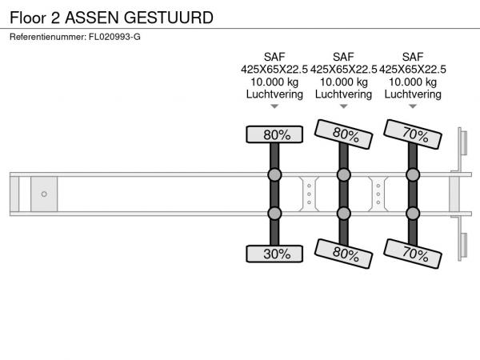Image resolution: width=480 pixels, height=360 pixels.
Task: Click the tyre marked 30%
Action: pyautogui.click(x=274, y=254)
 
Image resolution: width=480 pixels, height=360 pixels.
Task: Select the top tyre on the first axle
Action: pyautogui.click(x=274, y=134)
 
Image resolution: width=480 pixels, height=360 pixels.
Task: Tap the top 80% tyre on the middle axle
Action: pyautogui.click(x=343, y=134)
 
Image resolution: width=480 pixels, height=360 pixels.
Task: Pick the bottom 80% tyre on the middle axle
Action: pyautogui.click(x=343, y=254)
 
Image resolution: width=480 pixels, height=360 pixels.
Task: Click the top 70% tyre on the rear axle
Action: pyautogui.click(x=413, y=134)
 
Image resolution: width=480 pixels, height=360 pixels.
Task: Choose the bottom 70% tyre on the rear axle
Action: pyautogui.click(x=413, y=254)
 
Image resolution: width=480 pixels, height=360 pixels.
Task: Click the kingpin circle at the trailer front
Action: pyautogui.click(x=44, y=194)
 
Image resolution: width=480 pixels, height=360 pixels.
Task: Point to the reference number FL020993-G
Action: pyautogui.click(x=114, y=37)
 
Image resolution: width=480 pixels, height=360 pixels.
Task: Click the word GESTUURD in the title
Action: pyautogui.click(x=169, y=18)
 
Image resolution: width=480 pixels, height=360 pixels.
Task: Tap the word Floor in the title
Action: pyautogui.click(x=28, y=18)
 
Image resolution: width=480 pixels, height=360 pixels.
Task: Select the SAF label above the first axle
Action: pyautogui.click(x=274, y=57)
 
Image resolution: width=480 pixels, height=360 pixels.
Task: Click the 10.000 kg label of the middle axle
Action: pyautogui.click(x=344, y=82)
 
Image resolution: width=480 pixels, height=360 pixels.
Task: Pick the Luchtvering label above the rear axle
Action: pyautogui.click(x=413, y=94)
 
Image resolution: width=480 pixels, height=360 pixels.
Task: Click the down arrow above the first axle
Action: pyautogui.click(x=274, y=106)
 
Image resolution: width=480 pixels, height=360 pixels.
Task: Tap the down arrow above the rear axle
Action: pyautogui.click(x=413, y=106)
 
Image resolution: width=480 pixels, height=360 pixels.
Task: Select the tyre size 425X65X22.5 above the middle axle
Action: pyautogui.click(x=344, y=70)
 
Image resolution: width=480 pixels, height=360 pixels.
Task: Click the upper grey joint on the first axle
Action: pyautogui.click(x=274, y=174)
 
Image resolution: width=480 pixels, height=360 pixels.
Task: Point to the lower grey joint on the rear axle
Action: pyautogui.click(x=413, y=214)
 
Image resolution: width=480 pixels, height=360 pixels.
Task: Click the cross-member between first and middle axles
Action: pyautogui.click(x=309, y=194)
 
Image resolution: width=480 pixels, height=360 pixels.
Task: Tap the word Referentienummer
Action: pyautogui.click(x=47, y=37)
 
